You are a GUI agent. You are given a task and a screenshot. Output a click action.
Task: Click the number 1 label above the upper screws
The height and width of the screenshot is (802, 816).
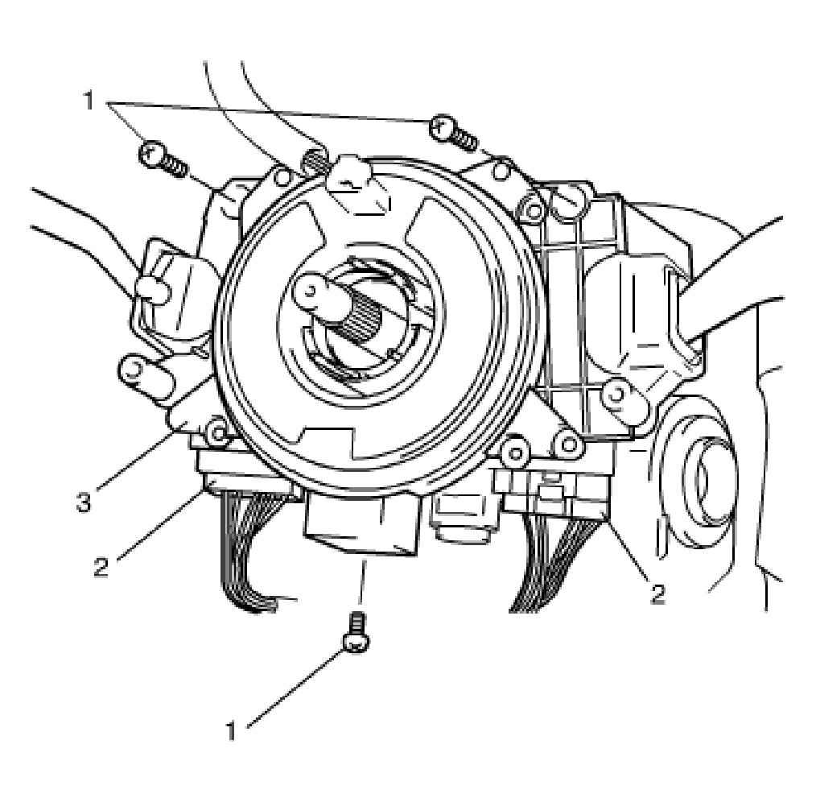click(89, 101)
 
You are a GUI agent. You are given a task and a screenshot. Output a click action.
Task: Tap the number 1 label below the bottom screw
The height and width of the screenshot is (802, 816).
click(231, 730)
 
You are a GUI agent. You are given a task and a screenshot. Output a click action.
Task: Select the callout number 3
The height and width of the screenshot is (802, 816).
click(84, 503)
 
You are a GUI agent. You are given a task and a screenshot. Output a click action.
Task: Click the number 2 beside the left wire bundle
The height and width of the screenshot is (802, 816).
click(102, 566)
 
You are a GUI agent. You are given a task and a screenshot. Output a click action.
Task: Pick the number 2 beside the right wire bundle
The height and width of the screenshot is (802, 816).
click(658, 593)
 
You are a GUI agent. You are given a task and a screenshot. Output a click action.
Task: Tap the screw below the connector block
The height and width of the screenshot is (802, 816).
click(356, 632)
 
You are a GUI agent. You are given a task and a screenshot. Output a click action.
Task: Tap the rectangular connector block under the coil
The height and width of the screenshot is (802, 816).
click(361, 523)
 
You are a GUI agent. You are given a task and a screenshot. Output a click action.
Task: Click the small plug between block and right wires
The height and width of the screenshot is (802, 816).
click(464, 519)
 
